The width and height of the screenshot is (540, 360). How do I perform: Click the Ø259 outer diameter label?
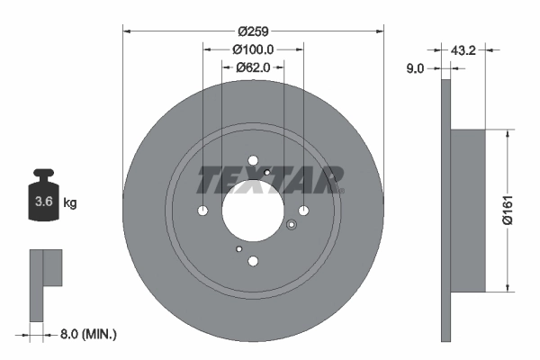click(x=253, y=21)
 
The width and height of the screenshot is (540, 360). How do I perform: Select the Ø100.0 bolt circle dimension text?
click(x=253, y=50)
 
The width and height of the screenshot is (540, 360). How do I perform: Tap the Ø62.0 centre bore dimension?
click(x=253, y=67)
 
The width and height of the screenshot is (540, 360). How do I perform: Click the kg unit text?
click(x=70, y=203)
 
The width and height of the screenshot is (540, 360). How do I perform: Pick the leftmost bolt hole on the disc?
click(x=202, y=211)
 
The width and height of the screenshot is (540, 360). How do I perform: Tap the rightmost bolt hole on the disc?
click(x=303, y=211)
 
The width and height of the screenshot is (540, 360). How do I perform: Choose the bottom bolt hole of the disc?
click(x=253, y=261)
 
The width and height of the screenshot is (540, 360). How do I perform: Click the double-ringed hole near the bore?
click(x=290, y=226)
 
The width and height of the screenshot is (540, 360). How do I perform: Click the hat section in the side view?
click(x=468, y=211)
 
